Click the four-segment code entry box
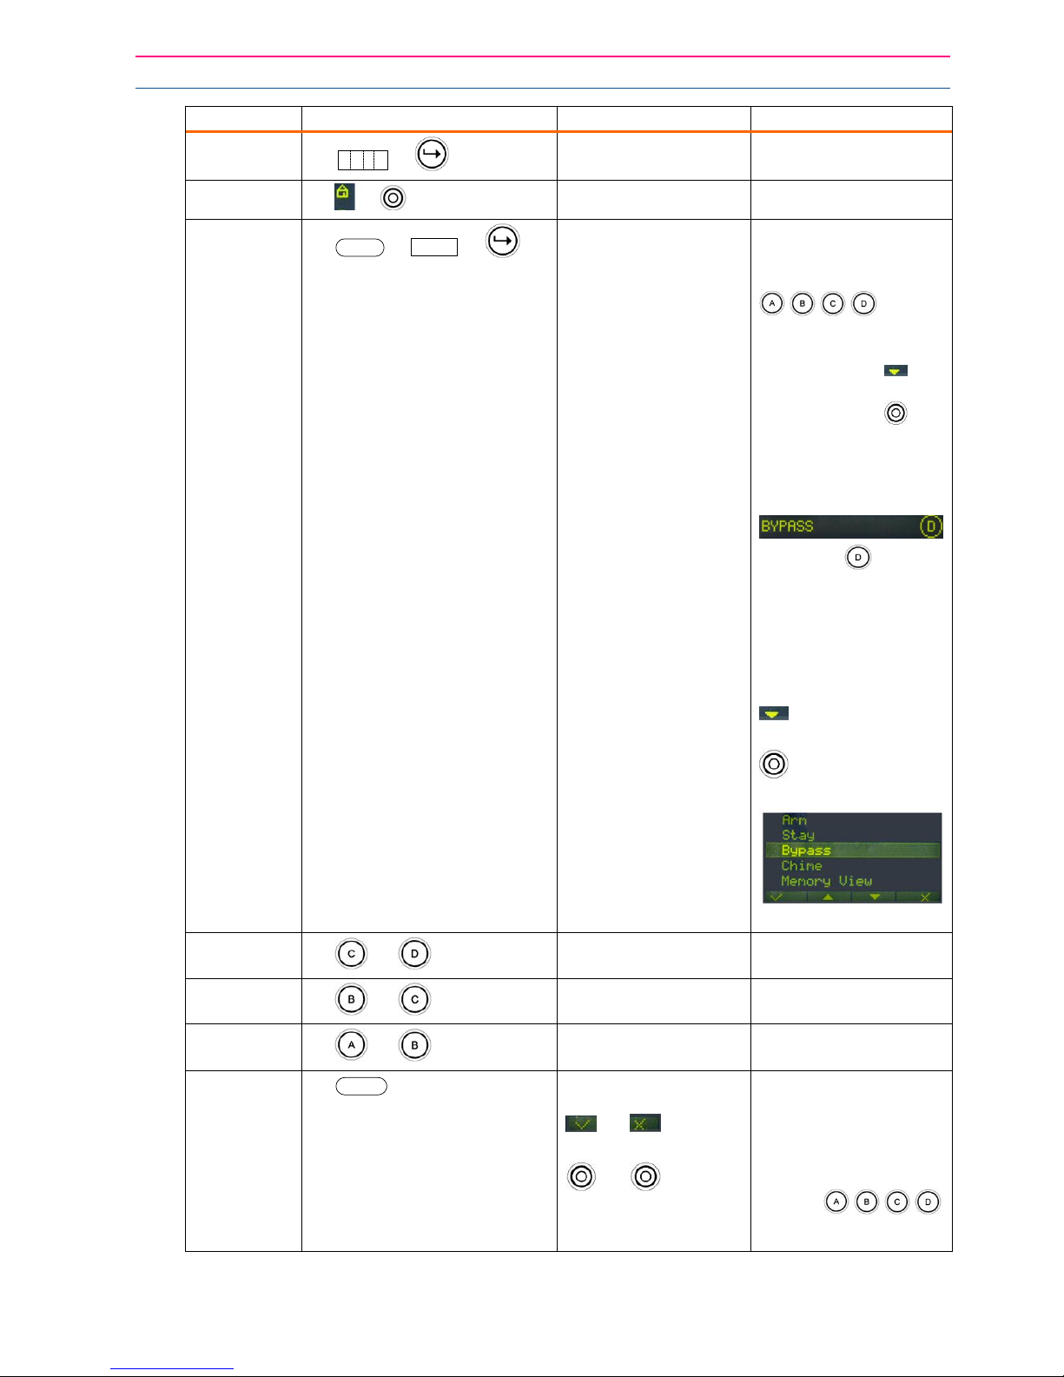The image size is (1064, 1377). pos(362,160)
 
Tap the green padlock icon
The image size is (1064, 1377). pos(344,196)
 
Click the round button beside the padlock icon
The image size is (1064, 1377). pos(393,198)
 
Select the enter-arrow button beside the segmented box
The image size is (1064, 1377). pos(432,155)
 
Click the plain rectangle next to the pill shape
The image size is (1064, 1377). pos(433,247)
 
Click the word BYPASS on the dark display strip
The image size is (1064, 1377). pos(787,526)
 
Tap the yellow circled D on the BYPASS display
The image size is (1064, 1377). pos(930,526)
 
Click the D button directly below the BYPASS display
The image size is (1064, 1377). pos(857,557)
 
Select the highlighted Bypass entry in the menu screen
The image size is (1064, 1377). pos(806,851)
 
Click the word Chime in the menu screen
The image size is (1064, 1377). pos(801,866)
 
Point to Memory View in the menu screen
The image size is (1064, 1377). pos(826,881)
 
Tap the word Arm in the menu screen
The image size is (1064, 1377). pos(794,820)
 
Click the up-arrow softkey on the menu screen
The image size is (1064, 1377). pos(829,897)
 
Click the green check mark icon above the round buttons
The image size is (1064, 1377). pos(581,1123)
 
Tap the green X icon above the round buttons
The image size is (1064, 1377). pos(644,1123)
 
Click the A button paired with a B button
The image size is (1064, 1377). pos(351,1045)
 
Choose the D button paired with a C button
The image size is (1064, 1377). pos(414,953)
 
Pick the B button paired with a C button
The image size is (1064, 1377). pos(351,999)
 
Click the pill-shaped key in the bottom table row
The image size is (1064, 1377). pos(361,1086)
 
